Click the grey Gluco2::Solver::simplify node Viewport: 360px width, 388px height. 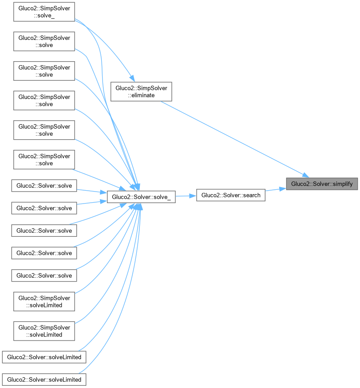click(x=322, y=184)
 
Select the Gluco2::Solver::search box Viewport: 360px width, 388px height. click(x=231, y=195)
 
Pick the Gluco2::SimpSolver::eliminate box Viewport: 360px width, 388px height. click(x=141, y=91)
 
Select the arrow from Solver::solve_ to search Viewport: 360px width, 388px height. click(x=186, y=196)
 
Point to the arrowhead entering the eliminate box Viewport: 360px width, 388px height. click(x=131, y=78)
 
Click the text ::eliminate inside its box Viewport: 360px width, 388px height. click(x=141, y=95)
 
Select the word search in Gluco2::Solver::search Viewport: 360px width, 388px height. click(x=252, y=195)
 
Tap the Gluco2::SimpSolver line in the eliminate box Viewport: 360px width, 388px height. click(x=141, y=88)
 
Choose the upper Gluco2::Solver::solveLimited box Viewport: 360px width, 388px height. click(x=44, y=357)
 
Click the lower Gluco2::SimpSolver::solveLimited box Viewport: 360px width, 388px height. click(x=44, y=331)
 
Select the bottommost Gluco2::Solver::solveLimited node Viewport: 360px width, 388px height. click(x=44, y=380)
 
